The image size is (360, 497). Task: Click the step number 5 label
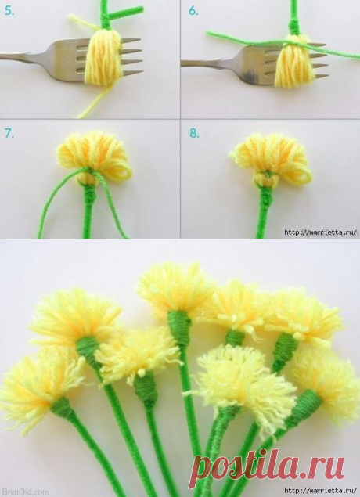(9, 11)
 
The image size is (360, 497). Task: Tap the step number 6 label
(193, 11)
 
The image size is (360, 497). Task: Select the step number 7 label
(9, 133)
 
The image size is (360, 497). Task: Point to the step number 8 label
(194, 133)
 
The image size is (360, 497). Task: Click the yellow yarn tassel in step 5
(104, 56)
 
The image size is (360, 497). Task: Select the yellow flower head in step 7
(94, 157)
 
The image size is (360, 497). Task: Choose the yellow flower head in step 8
(272, 160)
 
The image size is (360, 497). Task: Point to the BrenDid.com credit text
(24, 492)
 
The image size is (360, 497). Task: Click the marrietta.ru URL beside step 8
(321, 232)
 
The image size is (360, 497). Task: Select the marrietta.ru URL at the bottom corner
(321, 492)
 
